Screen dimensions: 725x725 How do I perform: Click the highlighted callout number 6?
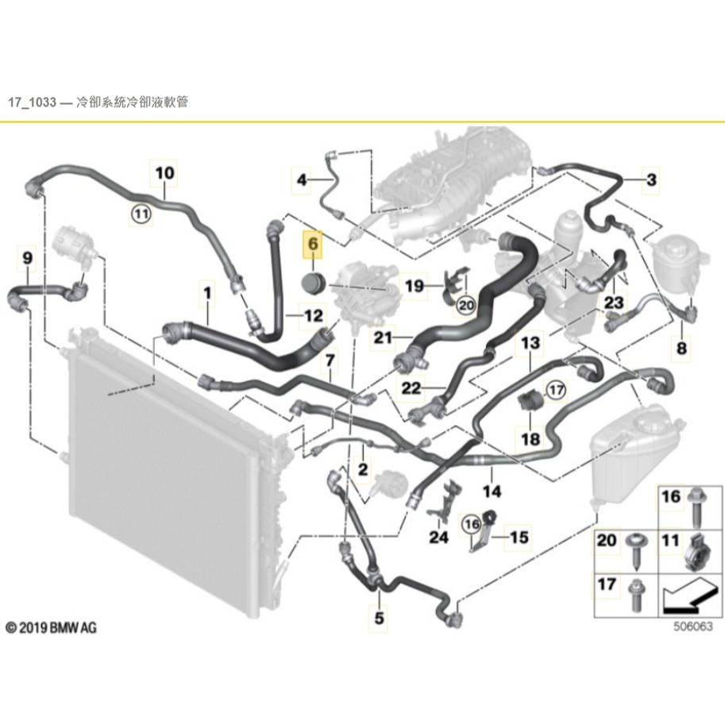(313, 245)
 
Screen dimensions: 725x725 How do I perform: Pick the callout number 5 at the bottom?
(379, 615)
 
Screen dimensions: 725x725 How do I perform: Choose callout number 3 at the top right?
(651, 180)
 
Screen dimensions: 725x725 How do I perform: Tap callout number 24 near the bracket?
(438, 538)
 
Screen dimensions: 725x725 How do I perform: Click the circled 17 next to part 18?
(555, 390)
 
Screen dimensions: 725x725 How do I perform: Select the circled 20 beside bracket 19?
(466, 304)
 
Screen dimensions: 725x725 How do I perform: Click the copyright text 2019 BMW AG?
(52, 627)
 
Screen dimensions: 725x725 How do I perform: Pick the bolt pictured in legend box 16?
(696, 503)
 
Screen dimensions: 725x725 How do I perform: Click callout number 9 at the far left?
(28, 257)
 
